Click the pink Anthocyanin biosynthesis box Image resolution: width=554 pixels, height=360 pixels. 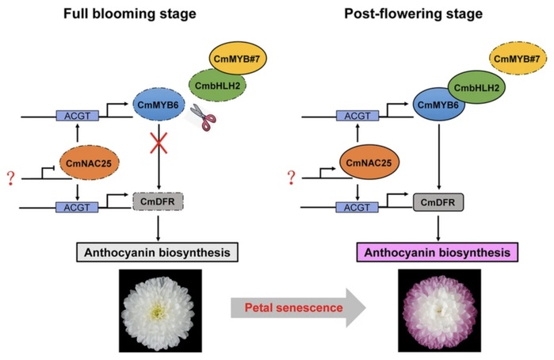tap(435, 252)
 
